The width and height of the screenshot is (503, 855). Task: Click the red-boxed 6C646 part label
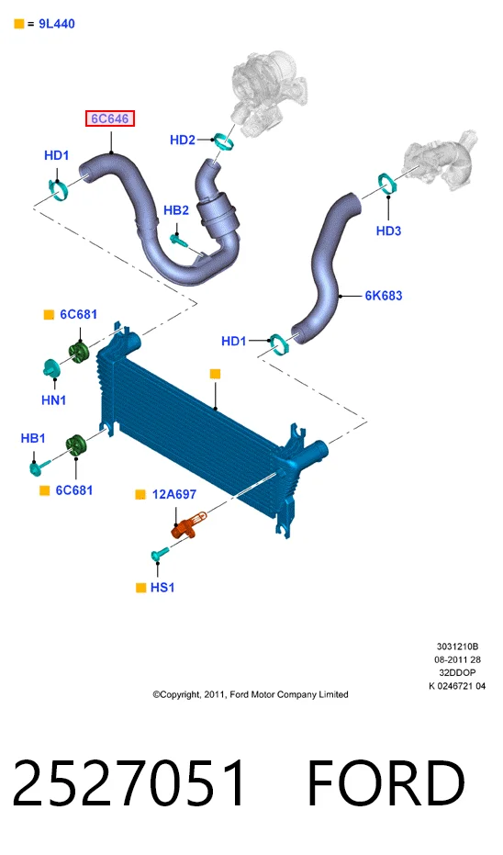tap(109, 118)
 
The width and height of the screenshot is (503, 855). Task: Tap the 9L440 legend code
tap(57, 24)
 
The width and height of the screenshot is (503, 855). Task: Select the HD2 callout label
tap(183, 141)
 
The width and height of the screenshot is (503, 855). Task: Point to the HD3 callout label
tap(388, 231)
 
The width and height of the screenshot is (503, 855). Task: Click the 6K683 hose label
tap(384, 296)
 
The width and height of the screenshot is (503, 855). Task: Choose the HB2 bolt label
tap(176, 210)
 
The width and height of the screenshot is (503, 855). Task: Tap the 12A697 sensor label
tap(174, 495)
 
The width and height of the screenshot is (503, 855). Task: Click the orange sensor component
tap(188, 524)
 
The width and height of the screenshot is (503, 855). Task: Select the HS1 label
tap(162, 588)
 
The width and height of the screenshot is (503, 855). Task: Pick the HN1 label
tap(54, 400)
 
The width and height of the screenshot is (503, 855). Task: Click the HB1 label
tap(33, 438)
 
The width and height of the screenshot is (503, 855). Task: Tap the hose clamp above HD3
tap(387, 183)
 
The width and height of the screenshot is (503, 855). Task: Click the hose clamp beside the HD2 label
tap(223, 141)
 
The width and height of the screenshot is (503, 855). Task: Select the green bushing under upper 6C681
tap(78, 353)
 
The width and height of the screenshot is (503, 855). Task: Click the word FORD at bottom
tap(386, 783)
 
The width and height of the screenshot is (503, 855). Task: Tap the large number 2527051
tap(129, 783)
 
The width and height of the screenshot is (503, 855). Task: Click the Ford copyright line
tap(251, 694)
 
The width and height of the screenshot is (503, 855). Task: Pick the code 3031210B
tap(457, 647)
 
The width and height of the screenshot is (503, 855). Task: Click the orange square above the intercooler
tap(216, 374)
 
